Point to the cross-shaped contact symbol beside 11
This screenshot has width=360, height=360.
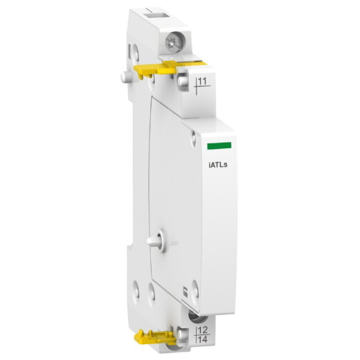click(197, 87)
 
